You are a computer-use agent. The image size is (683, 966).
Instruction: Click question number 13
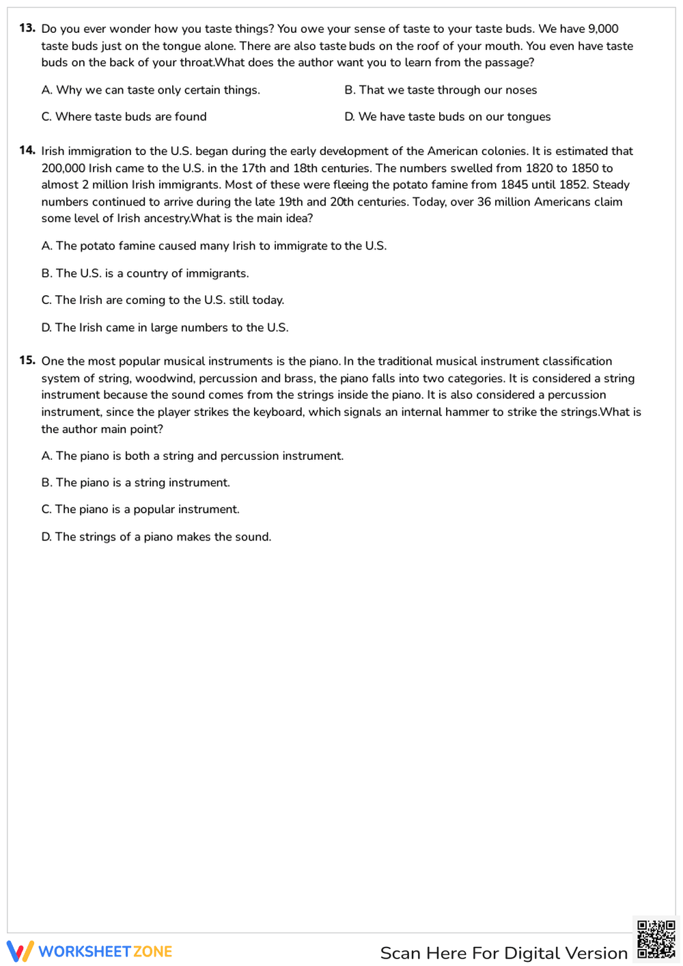click(27, 28)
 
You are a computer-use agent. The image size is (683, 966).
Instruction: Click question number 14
click(27, 150)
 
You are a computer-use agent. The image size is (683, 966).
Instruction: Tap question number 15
click(27, 360)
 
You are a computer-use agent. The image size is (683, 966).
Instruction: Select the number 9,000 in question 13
click(603, 29)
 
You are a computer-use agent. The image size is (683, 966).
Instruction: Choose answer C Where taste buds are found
click(124, 117)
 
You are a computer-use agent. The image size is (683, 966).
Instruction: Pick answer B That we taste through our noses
click(441, 90)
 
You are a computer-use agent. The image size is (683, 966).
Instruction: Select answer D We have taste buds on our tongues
click(447, 117)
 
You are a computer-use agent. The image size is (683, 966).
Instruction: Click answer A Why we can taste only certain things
click(150, 90)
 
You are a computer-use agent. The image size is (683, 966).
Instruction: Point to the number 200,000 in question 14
click(63, 168)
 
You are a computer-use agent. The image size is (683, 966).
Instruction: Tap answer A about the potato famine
click(214, 246)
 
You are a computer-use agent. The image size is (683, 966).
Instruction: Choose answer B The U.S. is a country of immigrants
click(145, 273)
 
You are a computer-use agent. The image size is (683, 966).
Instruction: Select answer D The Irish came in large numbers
click(165, 328)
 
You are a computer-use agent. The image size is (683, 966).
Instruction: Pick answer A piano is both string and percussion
click(192, 456)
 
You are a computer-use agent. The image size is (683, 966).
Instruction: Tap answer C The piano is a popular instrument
click(140, 510)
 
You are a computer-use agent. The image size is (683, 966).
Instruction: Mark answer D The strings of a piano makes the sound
click(156, 537)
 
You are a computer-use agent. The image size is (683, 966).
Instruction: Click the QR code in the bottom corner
click(656, 940)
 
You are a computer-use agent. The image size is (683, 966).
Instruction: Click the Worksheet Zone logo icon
click(20, 951)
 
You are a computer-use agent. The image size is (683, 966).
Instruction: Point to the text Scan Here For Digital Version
click(503, 953)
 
